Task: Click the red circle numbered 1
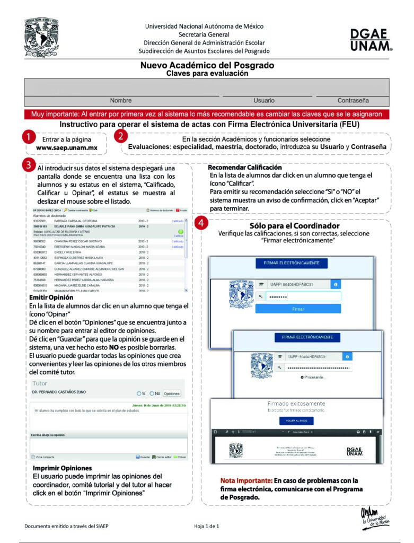coord(29,137)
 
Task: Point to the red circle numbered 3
coord(29,164)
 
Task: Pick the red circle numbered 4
coord(200,223)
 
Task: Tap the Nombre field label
coord(121,100)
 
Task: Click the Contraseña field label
coord(353,100)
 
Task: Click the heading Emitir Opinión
coord(48,298)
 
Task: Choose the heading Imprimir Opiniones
coord(63,468)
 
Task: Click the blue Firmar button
coord(298,308)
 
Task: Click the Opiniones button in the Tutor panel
coord(171,393)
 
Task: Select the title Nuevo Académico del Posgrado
coord(207,66)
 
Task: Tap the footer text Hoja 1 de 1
coord(207,526)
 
